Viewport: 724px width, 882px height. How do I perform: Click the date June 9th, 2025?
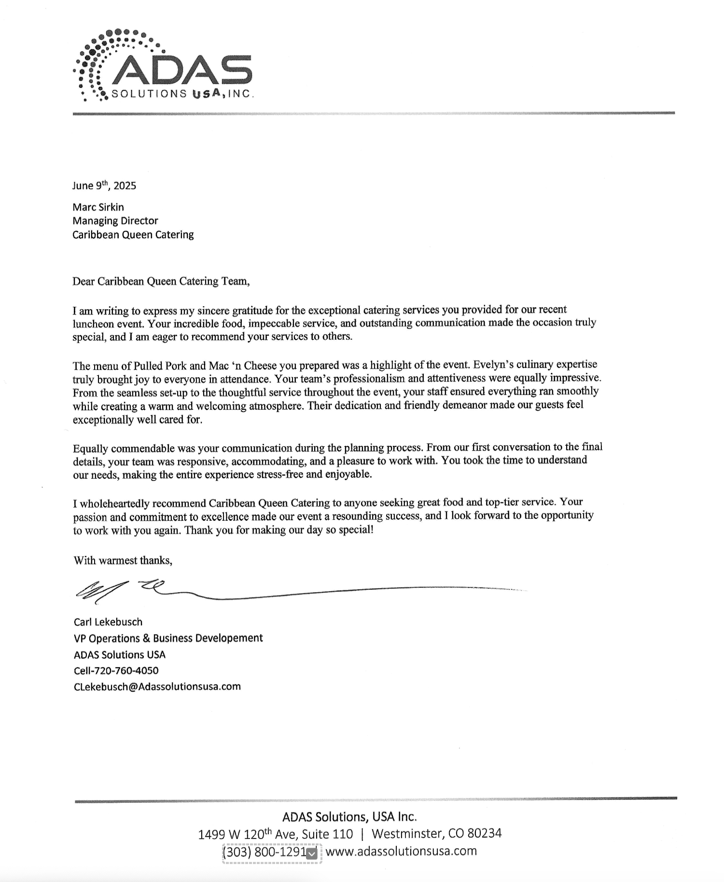[x=104, y=185]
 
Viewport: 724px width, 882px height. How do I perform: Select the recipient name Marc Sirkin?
[x=98, y=207]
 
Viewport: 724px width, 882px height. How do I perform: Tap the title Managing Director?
[x=115, y=221]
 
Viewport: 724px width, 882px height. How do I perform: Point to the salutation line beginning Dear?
[x=161, y=281]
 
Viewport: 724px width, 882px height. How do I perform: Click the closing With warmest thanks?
[x=123, y=560]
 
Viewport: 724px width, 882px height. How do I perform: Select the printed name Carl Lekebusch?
[x=108, y=622]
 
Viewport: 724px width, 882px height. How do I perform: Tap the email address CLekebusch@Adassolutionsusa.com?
[x=157, y=686]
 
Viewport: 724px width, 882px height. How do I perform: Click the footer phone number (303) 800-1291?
[x=264, y=852]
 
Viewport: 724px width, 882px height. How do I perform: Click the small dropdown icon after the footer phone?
[x=312, y=853]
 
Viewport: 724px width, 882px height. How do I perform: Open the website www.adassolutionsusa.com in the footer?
[x=401, y=851]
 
